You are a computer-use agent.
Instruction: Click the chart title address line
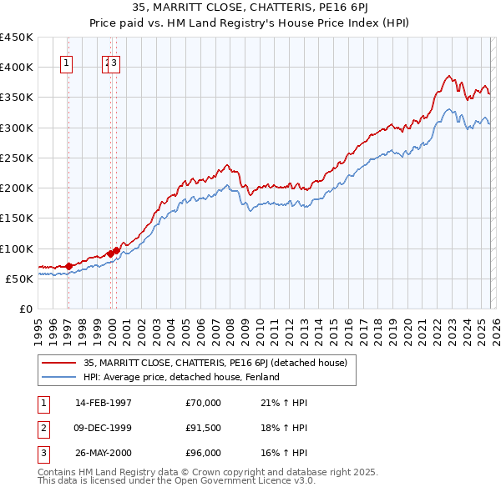click(250, 9)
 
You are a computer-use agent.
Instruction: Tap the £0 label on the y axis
click(25, 309)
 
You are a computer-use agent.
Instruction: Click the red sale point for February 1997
click(68, 266)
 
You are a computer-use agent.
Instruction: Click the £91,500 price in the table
click(204, 428)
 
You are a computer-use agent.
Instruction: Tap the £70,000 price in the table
click(204, 403)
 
